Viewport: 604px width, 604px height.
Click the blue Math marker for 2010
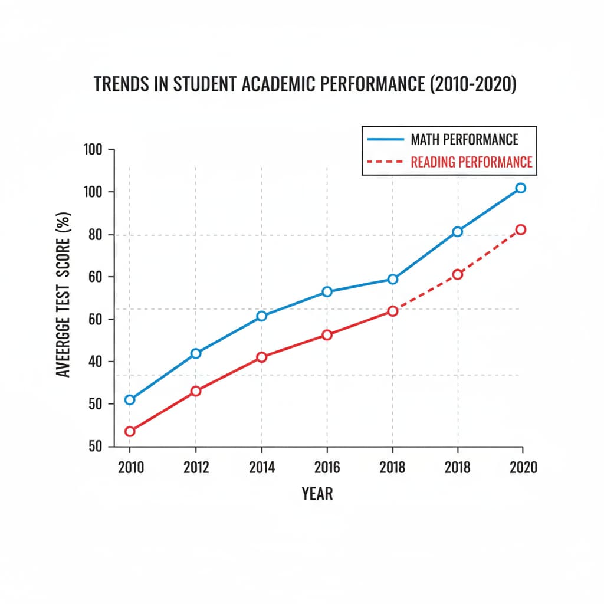[130, 400]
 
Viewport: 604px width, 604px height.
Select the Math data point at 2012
[196, 353]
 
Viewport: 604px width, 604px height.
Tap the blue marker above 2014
[262, 316]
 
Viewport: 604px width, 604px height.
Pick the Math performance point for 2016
[327, 291]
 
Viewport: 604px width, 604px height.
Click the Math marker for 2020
[520, 188]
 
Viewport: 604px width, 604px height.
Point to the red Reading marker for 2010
[130, 431]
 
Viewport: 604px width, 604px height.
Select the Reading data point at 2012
[196, 391]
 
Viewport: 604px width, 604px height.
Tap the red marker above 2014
[262, 357]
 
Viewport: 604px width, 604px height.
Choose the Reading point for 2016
[327, 335]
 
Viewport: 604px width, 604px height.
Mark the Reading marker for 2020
[520, 229]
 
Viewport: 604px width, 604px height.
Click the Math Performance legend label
[464, 140]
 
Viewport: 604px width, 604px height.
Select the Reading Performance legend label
[471, 162]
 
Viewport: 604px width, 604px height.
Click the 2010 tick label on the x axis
[130, 468]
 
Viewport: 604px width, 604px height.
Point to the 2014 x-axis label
[262, 468]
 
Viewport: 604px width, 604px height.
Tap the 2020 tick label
[523, 468]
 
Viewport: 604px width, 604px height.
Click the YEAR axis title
[317, 494]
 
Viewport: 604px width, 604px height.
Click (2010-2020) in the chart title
[472, 85]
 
